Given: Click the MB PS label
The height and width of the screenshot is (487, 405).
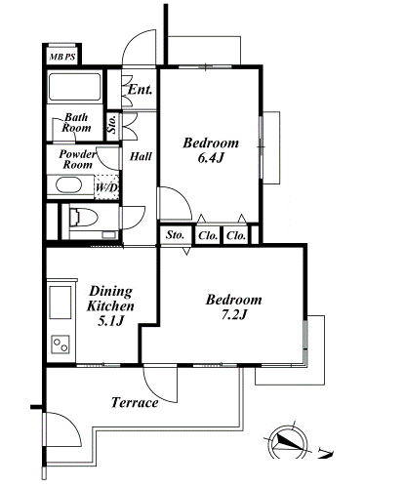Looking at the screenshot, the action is [62, 58].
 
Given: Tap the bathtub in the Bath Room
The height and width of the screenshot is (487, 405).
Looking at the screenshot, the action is [74, 87].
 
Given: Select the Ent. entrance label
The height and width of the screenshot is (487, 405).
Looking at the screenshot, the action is [140, 90].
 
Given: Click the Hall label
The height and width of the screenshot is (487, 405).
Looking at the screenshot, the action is [141, 157].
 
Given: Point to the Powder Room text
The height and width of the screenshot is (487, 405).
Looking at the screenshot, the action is [77, 159].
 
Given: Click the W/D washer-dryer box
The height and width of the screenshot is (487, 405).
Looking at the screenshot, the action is [106, 187].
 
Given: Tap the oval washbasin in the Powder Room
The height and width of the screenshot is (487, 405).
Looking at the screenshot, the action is [68, 185].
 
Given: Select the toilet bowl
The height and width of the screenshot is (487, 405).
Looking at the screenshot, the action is [84, 217].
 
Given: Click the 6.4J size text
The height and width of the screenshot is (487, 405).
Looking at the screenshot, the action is [211, 158].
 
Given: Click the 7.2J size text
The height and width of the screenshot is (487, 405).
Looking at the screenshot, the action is [234, 314].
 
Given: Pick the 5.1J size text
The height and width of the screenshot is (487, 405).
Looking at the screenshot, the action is [111, 321].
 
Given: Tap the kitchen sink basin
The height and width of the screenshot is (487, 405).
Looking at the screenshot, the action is [61, 303].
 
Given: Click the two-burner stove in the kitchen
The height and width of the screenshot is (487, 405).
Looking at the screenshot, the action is [61, 345].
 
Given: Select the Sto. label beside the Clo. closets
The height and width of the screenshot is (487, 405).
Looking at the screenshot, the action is [175, 235].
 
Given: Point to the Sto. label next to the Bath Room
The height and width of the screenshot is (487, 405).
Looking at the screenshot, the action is [112, 124].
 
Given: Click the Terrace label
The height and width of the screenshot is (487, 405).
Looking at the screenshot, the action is [135, 403].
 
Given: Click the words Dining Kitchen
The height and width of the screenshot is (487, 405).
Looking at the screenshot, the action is [110, 299].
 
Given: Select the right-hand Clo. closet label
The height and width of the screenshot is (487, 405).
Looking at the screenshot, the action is [236, 235].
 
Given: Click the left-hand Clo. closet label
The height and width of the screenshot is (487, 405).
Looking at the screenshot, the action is [208, 235].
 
